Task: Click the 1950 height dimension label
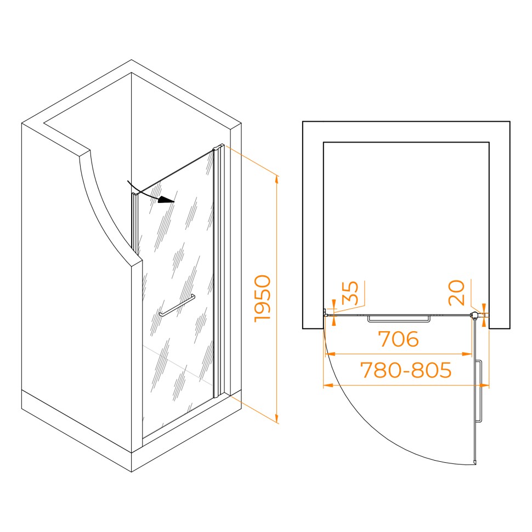[263, 298]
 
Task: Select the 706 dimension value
[398, 339]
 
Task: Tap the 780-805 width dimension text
[406, 370]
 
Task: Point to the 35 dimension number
[350, 293]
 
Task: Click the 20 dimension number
[456, 292]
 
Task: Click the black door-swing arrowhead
[167, 200]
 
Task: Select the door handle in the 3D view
[177, 305]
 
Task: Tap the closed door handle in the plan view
[399, 319]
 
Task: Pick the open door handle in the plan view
[479, 391]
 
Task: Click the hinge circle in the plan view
[475, 315]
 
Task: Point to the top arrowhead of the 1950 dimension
[277, 179]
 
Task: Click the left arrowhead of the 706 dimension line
[330, 354]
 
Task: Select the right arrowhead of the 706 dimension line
[467, 354]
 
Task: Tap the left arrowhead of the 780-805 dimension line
[328, 385]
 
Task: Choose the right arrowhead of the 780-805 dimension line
[484, 385]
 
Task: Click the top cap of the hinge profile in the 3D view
[218, 147]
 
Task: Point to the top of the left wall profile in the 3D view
[135, 195]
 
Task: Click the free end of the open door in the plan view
[475, 462]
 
